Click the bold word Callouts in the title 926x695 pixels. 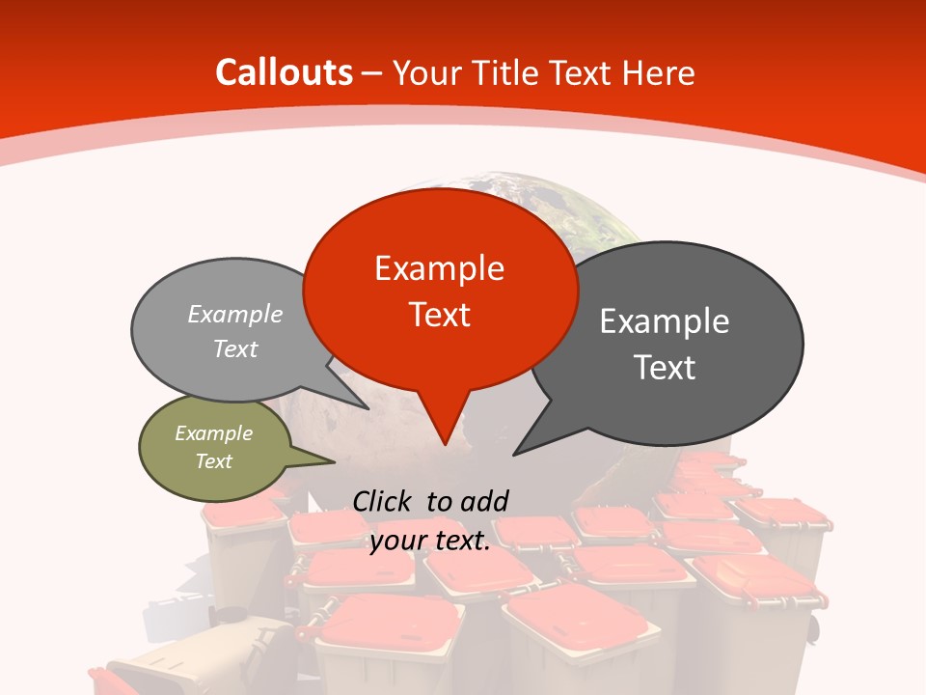tap(284, 72)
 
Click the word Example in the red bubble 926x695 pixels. tap(439, 268)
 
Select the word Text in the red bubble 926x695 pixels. tap(439, 315)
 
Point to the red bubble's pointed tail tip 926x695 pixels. tap(444, 444)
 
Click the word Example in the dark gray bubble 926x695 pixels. tap(665, 321)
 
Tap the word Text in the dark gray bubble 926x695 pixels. tap(665, 368)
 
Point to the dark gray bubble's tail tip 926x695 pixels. tap(515, 454)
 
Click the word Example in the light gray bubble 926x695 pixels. tap(235, 315)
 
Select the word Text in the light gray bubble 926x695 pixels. tap(235, 349)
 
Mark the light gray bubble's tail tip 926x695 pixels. tap(368, 408)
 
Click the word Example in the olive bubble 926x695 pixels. tap(214, 433)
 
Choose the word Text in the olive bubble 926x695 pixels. tap(214, 461)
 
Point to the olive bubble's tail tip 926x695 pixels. tap(334, 460)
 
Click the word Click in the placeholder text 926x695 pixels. tap(385, 501)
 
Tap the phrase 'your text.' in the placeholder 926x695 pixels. tap(430, 542)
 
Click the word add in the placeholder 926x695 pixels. tap(484, 501)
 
